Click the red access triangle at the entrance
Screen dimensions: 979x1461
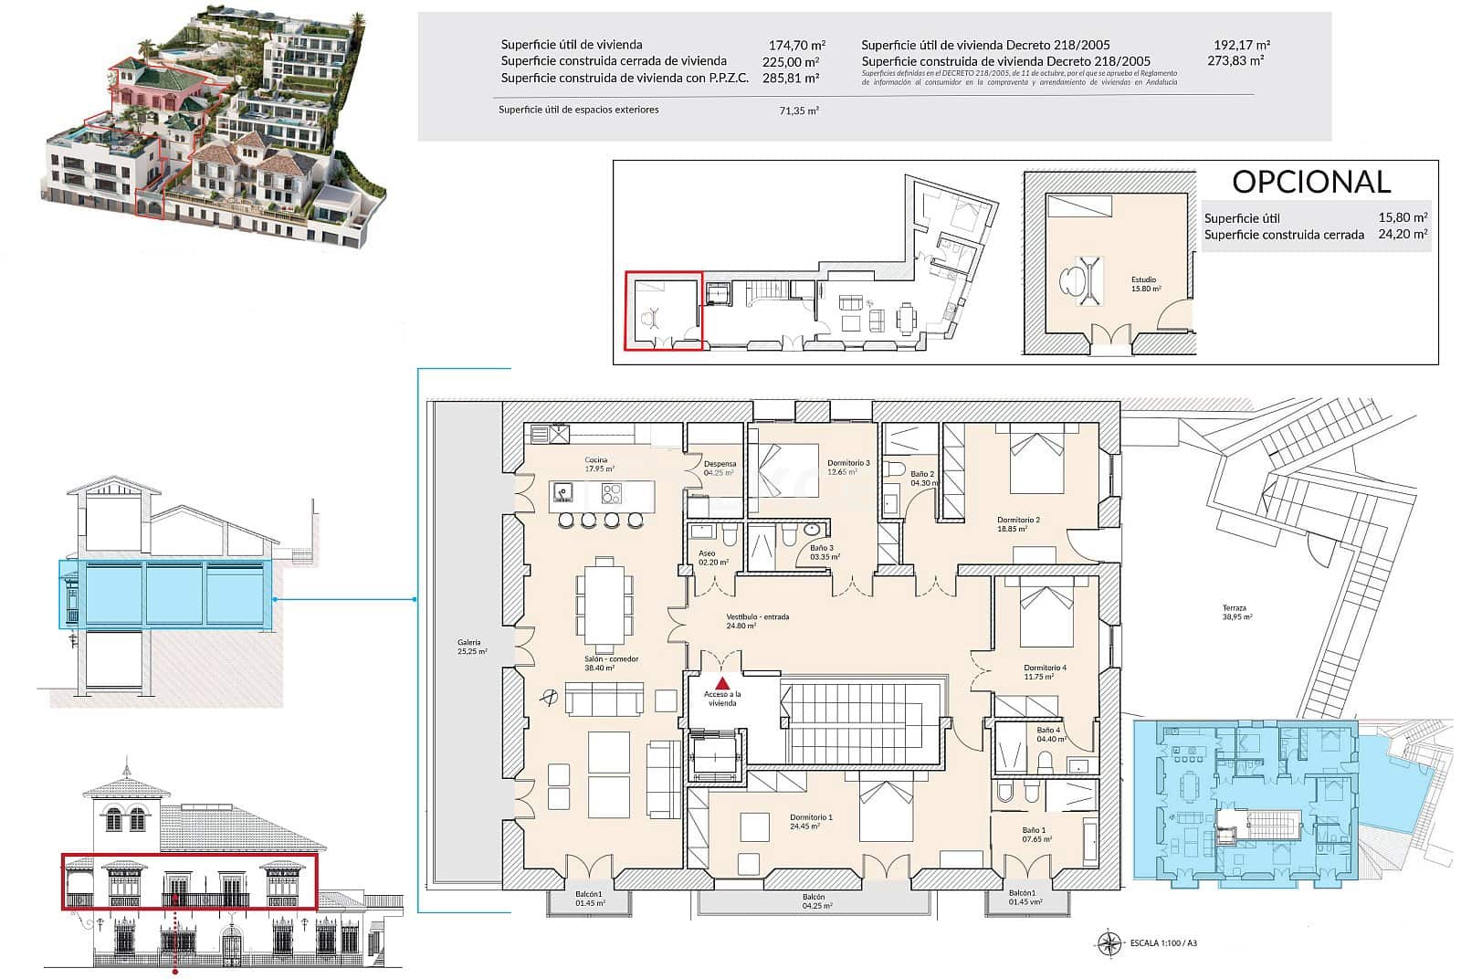point(722,682)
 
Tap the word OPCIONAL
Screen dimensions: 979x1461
point(1311,182)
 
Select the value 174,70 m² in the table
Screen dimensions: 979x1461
point(796,45)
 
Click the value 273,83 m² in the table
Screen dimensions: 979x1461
point(1235,60)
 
